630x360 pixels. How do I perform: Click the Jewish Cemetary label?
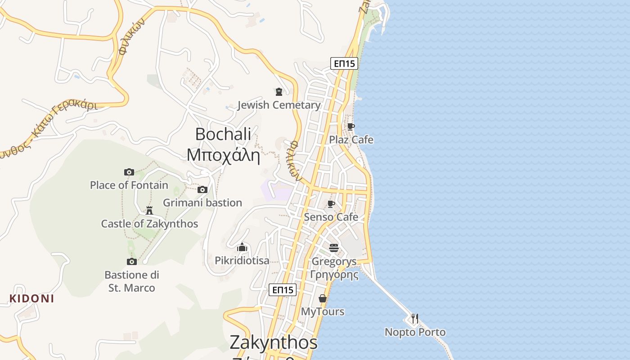point(279,105)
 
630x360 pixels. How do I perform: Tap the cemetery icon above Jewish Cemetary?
point(279,92)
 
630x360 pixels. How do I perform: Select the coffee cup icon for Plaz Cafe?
point(351,126)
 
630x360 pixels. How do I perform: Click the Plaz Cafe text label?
point(351,139)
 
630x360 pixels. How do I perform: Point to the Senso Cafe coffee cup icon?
point(331,204)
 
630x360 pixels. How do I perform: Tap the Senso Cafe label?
point(331,217)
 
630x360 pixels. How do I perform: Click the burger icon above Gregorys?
point(334,248)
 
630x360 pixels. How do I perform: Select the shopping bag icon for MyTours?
point(323,298)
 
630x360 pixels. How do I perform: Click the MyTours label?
point(323,311)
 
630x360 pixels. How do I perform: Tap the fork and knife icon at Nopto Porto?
point(415,319)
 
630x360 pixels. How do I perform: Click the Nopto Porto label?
point(415,332)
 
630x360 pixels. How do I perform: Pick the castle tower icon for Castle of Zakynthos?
point(149,210)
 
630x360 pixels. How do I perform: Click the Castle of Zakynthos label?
point(149,224)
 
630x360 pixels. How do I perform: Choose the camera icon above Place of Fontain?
point(129,172)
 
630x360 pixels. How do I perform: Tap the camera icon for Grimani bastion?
point(202,189)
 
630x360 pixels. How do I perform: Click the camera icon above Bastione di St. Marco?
point(132,261)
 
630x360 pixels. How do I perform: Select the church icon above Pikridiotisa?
point(242,247)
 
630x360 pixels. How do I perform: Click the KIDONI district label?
point(31,299)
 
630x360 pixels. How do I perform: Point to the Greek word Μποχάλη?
point(224,155)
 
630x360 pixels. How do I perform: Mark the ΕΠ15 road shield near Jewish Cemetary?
point(344,63)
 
